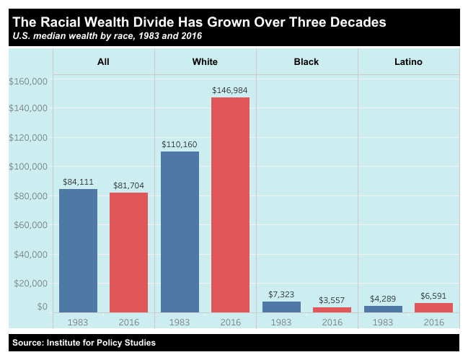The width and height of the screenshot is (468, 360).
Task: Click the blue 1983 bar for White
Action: [180, 232]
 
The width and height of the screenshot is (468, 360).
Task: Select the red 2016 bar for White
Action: [230, 205]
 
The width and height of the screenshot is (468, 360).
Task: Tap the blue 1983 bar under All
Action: [78, 250]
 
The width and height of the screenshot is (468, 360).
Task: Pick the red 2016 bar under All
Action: [128, 253]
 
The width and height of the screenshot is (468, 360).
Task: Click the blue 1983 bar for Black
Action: [281, 307]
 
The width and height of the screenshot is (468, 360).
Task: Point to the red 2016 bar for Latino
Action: [433, 307]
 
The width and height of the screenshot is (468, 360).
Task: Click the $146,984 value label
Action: [230, 90]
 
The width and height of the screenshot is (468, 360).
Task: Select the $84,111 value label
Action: [78, 182]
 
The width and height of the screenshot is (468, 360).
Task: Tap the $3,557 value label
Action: [332, 299]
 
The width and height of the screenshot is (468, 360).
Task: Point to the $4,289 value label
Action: [383, 298]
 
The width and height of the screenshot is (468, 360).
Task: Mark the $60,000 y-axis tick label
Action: [30, 225]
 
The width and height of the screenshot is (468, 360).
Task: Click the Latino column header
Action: [408, 62]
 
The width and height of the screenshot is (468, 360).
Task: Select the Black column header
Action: [306, 62]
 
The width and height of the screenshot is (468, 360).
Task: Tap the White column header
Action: [205, 62]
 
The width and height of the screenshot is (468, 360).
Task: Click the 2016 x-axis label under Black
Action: [332, 322]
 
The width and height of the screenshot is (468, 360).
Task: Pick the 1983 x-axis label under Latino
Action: [383, 322]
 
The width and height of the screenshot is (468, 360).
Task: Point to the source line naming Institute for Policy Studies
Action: [84, 343]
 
